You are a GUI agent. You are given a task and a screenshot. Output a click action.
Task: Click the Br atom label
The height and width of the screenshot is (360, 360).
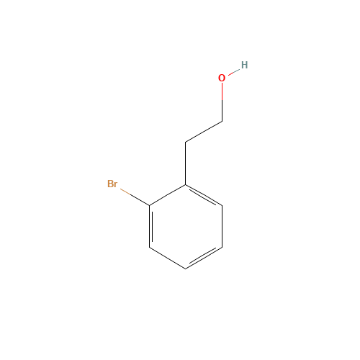click(112, 184)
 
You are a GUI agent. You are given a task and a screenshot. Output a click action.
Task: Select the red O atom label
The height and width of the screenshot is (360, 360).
click(222, 78)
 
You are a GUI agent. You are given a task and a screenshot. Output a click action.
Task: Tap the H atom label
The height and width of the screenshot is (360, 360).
click(244, 65)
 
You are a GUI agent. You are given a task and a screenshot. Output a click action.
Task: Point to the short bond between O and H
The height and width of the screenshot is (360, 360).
click(233, 71)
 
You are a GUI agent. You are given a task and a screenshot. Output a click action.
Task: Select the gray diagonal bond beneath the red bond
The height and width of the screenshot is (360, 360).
click(204, 132)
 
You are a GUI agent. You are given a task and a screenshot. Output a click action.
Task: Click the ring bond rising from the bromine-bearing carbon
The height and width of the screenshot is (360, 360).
click(167, 196)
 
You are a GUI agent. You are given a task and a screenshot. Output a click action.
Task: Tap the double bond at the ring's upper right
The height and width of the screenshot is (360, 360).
click(204, 196)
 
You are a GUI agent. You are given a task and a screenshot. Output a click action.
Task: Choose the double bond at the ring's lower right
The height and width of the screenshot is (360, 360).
click(204, 258)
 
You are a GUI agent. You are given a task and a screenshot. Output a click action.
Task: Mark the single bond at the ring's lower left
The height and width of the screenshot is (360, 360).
click(167, 258)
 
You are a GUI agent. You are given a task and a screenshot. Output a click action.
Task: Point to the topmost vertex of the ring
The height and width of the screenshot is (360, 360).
click(186, 186)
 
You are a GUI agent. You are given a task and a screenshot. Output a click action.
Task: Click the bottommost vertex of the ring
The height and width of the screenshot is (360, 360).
click(186, 269)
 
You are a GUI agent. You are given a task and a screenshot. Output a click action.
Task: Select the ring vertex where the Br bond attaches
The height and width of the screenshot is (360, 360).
click(150, 206)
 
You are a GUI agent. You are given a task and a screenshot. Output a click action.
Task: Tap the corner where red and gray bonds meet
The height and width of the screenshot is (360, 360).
click(222, 121)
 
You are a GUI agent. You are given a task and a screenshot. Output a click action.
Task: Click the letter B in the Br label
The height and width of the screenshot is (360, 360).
click(109, 184)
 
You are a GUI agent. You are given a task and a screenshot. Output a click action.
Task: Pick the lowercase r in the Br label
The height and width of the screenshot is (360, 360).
click(116, 185)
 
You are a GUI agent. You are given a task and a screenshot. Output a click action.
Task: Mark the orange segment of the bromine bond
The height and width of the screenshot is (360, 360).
click(126, 192)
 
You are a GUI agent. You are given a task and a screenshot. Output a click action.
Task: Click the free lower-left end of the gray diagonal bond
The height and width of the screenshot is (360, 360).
click(186, 142)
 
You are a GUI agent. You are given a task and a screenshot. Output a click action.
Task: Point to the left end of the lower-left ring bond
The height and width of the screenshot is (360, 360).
click(150, 248)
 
